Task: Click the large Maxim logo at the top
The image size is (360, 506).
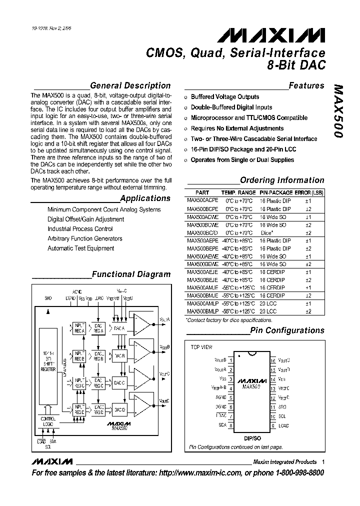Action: click(x=270, y=35)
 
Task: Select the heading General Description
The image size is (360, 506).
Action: click(x=130, y=85)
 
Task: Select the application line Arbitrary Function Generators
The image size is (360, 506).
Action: click(x=84, y=238)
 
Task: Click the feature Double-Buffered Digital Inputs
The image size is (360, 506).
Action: click(x=231, y=107)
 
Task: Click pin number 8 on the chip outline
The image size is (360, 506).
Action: click(x=231, y=425)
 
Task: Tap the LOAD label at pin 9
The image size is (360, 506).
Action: click(x=284, y=425)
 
